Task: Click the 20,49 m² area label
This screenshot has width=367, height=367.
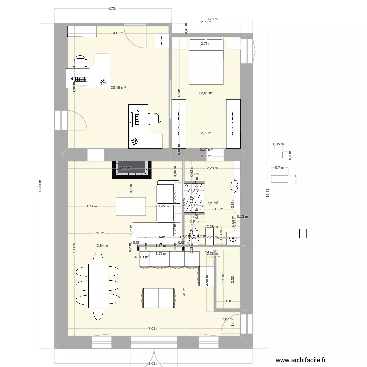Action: (118, 88)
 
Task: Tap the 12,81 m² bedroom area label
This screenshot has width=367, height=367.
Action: (206, 92)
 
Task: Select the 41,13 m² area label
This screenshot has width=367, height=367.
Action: (141, 257)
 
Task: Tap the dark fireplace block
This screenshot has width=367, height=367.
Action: (131, 169)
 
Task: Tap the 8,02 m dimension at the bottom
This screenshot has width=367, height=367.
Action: (153, 364)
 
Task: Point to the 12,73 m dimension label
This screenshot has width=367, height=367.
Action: (267, 189)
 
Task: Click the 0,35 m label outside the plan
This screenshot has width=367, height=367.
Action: (278, 144)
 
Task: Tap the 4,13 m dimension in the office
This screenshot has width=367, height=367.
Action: (118, 33)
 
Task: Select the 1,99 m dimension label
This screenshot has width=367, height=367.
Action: (91, 206)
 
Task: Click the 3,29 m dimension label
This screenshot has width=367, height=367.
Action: (212, 19)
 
